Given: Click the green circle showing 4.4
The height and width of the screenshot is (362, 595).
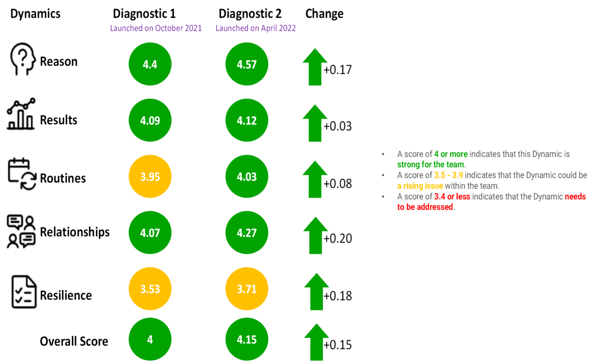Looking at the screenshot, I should pos(150,64).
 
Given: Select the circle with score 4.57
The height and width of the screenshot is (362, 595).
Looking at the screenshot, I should pos(247,64).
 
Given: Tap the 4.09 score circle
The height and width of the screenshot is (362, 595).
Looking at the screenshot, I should pos(150,120).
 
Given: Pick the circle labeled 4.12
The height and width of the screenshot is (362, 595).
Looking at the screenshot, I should pos(247,120).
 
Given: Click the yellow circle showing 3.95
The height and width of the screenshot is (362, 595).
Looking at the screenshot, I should pos(150,176).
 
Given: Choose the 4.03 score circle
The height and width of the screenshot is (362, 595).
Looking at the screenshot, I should pos(247,176).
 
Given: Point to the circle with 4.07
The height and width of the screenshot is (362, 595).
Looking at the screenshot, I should pos(150,233).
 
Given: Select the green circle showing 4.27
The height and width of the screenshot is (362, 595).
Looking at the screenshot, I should pos(247,233).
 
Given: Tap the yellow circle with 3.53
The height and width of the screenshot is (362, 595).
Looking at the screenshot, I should pos(150,289).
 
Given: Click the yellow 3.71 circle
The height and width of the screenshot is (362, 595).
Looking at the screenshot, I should pos(247,289).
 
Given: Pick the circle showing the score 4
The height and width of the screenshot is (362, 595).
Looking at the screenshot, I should pos(150,339).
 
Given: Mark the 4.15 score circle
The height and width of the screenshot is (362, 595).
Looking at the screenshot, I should pos(247,339).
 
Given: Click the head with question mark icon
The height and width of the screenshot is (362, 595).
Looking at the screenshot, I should pos(23,56).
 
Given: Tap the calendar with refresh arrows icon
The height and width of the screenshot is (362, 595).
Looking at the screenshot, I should pos(22,172).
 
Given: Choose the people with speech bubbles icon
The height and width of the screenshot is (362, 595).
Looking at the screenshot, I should pos(21,229).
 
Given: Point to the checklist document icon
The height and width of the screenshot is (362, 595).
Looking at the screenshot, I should pos(23,290).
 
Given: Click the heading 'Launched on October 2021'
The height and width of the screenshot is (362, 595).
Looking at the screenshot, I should pos(156,28).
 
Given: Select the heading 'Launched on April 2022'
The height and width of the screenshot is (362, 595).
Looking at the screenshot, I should pos(256,28).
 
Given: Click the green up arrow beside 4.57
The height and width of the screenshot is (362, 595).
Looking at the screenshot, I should pos(315,67).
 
